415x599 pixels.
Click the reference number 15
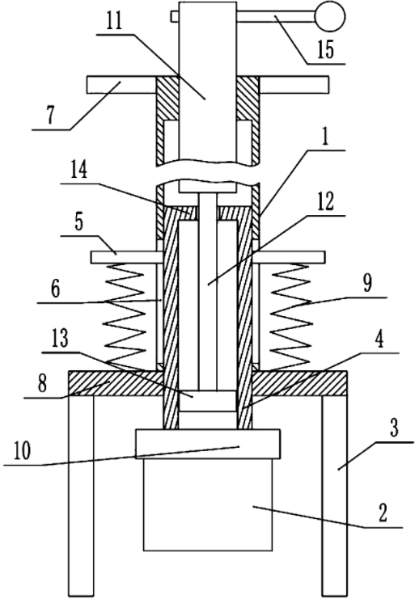pos(325,49)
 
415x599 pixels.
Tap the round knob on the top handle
pos(330,16)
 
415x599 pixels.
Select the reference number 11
pos(114,22)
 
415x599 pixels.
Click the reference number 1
pos(324,138)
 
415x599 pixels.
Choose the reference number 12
pos(325,201)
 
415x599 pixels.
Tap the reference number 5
pos(78,223)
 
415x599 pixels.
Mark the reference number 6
pos(55,289)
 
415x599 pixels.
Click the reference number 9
pos(366,284)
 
